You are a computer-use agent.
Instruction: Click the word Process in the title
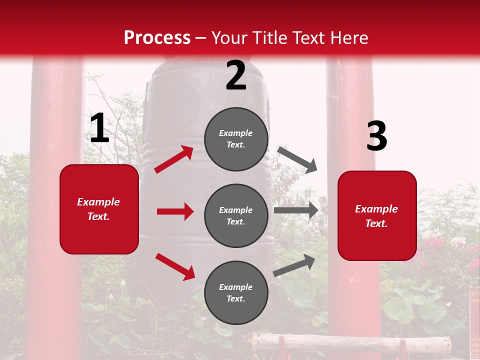pos(157,38)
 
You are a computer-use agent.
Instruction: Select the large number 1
pos(99,128)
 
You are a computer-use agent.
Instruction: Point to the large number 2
pos(236,75)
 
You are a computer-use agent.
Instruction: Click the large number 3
pos(376,136)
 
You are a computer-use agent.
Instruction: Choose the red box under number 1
pos(99,209)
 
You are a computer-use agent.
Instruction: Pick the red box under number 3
pos(377,215)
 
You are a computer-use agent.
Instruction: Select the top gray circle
pos(236,139)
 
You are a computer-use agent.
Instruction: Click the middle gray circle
pos(236,215)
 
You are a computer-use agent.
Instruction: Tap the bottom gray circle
pos(236,292)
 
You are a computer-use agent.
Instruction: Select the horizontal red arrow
pos(175,211)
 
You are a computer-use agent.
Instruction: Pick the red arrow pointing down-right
pos(175,266)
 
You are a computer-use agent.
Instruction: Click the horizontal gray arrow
pos(296,210)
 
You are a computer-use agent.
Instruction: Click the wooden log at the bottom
pos(350,344)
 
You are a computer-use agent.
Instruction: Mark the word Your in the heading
pos(228,38)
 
